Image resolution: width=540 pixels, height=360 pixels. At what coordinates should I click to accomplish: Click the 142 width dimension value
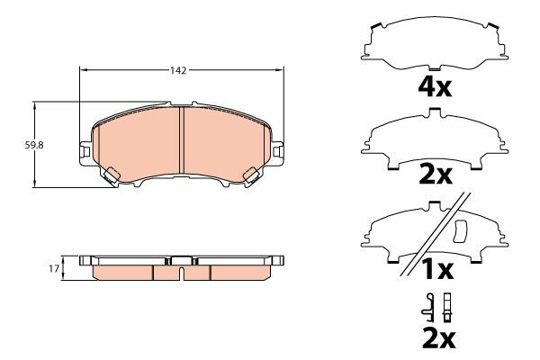(177, 71)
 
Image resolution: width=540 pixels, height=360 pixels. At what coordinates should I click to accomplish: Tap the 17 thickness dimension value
(54, 267)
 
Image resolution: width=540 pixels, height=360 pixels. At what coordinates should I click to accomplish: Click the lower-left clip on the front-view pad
(110, 176)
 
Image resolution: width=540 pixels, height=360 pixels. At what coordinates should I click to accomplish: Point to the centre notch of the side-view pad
(180, 266)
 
